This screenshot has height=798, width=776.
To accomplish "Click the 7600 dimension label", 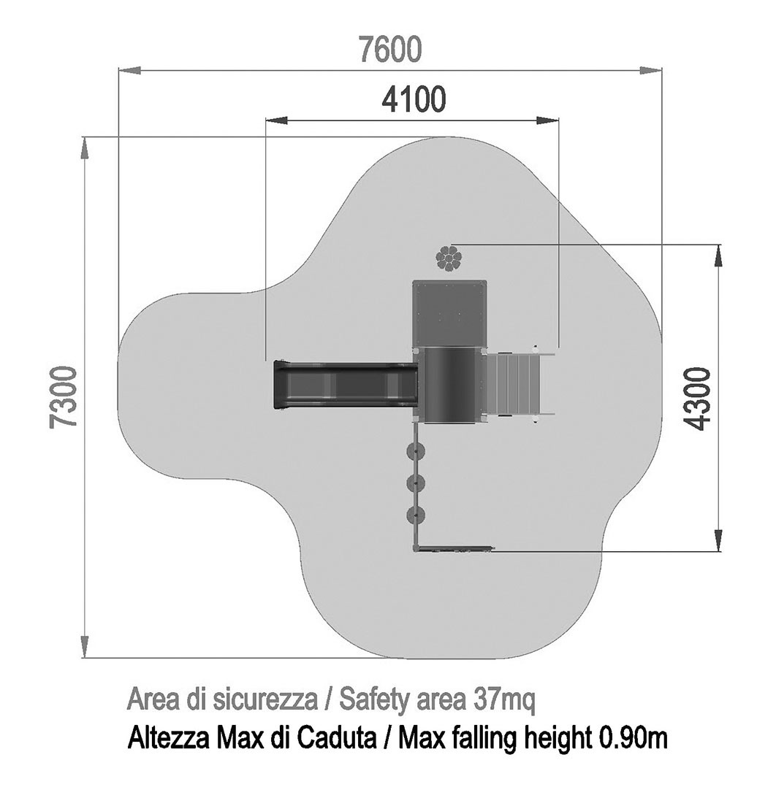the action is point(390,49).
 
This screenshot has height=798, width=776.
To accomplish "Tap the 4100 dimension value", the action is point(414,99).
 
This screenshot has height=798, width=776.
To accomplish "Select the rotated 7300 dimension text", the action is point(64,397).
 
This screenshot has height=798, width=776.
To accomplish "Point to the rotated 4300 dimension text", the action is point(696,399).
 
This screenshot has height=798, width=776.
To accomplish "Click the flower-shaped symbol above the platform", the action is point(449,258).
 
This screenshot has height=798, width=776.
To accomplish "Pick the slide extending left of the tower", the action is point(345,385).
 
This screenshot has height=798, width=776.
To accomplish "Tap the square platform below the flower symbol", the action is point(449,313).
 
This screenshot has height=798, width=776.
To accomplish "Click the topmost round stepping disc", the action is point(416,450).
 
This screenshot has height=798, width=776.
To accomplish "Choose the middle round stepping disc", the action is point(416,483).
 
